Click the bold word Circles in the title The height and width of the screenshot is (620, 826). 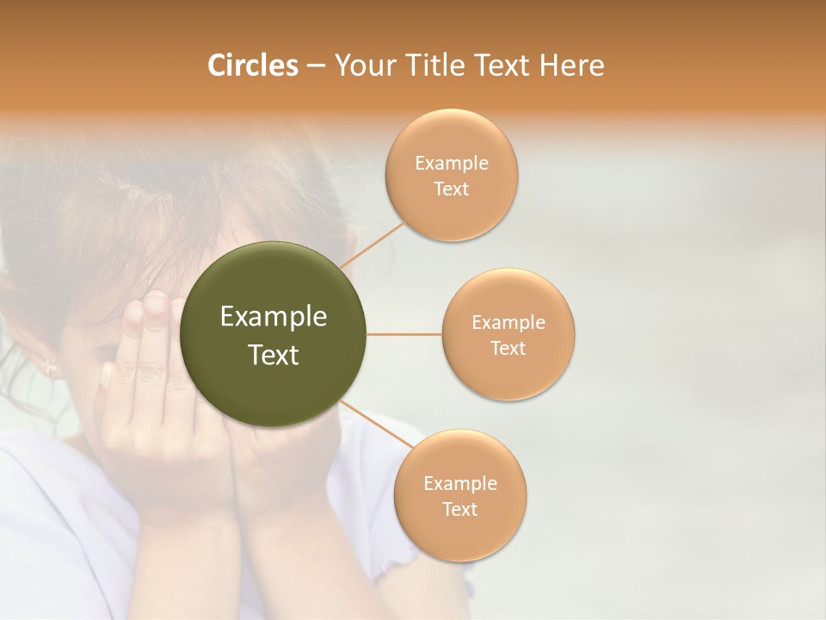[x=252, y=65]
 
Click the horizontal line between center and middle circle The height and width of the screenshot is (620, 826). [x=404, y=334]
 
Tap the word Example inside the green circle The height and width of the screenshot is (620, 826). [x=274, y=317]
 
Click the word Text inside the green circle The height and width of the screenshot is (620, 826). [x=274, y=355]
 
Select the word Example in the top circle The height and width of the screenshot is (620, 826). [x=451, y=164]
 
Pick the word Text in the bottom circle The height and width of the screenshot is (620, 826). [x=459, y=510]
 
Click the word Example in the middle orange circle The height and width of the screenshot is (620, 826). [x=508, y=323]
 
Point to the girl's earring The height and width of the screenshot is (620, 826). [x=50, y=368]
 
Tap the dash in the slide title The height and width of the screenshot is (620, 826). [x=316, y=66]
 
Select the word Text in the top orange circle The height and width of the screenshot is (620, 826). [x=451, y=189]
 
